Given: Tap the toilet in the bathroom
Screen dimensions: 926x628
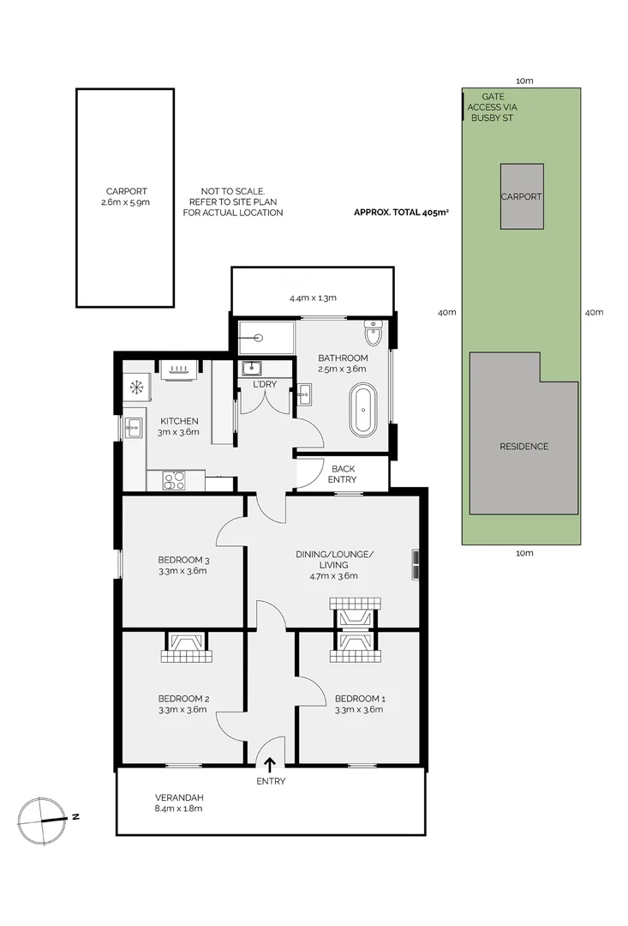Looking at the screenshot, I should (x=372, y=331).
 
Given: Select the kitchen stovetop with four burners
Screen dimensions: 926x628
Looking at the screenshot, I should (x=175, y=480).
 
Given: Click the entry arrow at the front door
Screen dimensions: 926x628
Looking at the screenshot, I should (x=271, y=765).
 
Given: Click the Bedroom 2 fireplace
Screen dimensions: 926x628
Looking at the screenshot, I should (x=184, y=647).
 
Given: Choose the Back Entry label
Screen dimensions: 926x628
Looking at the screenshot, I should (x=343, y=474).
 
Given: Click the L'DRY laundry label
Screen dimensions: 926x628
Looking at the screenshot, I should (x=265, y=384).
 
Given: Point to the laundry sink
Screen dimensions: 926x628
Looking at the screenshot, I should (x=251, y=370).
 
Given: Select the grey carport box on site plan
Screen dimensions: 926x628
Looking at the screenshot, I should (x=521, y=196).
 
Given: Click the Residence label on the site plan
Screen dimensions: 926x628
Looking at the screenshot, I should (x=523, y=446).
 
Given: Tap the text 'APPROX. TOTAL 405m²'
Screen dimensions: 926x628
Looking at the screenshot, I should (x=400, y=213).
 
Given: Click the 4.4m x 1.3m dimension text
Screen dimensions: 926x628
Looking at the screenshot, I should (x=312, y=298).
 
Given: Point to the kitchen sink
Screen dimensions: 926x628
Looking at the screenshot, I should (x=133, y=427).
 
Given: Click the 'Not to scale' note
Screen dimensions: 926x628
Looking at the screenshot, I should (x=232, y=201).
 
